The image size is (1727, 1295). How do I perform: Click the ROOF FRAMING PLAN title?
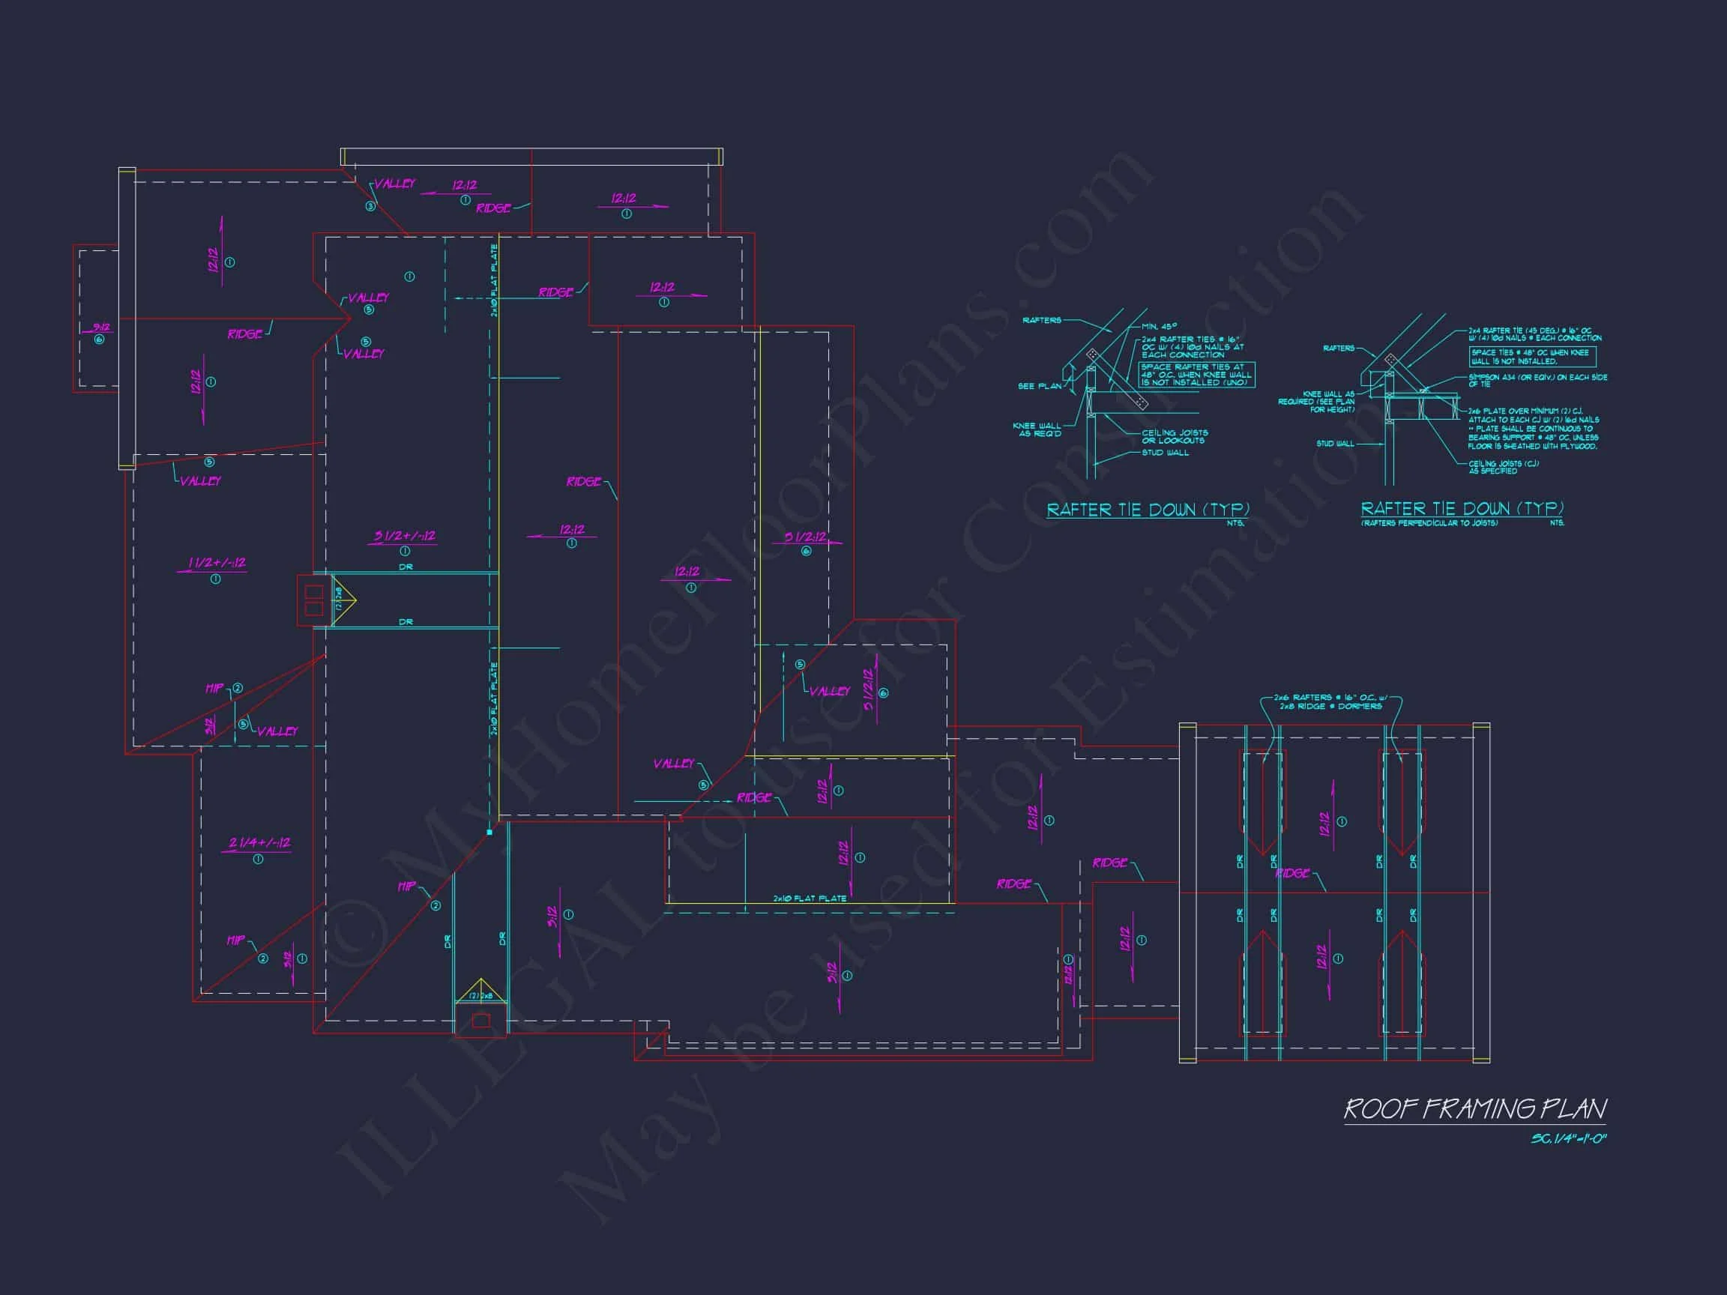coord(1475,1109)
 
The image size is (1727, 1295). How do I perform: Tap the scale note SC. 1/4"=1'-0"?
coord(1568,1139)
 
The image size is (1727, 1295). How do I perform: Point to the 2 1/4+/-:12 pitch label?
coord(259,843)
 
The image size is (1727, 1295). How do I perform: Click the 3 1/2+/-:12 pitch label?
coord(405,537)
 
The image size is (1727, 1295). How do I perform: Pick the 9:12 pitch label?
coord(100,327)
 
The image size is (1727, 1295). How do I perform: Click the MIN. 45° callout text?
coord(1159,326)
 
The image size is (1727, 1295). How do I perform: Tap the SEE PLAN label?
coord(1039,387)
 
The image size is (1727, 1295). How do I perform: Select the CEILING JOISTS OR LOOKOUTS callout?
coord(1175,436)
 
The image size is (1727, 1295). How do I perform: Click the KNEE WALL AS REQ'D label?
coord(1037,429)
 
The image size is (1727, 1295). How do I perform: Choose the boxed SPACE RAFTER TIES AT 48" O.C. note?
coord(1196,375)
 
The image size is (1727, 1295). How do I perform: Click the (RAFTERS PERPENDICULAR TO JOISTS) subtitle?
coord(1429,523)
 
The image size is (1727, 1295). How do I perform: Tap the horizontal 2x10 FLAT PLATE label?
coord(810,899)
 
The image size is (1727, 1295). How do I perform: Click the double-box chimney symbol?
coord(314,600)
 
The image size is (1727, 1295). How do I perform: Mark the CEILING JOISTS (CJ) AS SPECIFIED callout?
coord(1503,467)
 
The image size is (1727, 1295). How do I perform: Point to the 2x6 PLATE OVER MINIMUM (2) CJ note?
coord(1532,428)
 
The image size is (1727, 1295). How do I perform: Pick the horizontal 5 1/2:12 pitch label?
coord(805,537)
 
